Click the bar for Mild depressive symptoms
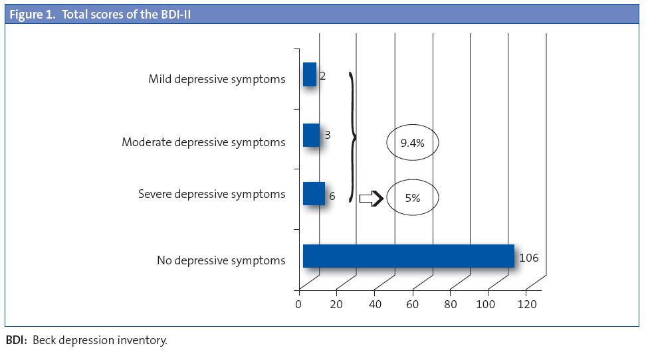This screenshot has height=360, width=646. point(309,74)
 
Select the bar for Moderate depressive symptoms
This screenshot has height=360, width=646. point(310,135)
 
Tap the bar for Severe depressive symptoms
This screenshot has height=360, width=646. point(314,194)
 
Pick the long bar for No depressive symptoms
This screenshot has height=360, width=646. point(408,256)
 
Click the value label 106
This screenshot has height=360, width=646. point(528,258)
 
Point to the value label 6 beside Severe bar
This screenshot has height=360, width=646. point(332,197)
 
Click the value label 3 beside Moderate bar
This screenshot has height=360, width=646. point(328,135)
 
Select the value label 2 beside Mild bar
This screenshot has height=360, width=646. point(322,76)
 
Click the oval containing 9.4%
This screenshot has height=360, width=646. point(413,142)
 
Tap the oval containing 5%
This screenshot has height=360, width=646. point(413,197)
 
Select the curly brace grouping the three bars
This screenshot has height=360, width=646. point(352,137)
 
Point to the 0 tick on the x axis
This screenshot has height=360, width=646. point(298,304)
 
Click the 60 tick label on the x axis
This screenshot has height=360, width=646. point(412,304)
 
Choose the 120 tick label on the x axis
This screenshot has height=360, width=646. point(526,304)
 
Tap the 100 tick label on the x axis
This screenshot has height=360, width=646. point(488,304)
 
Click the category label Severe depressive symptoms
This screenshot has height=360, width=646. point(211,194)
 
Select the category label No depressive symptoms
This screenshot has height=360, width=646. point(221,260)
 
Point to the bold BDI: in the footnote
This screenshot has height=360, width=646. point(17,341)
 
